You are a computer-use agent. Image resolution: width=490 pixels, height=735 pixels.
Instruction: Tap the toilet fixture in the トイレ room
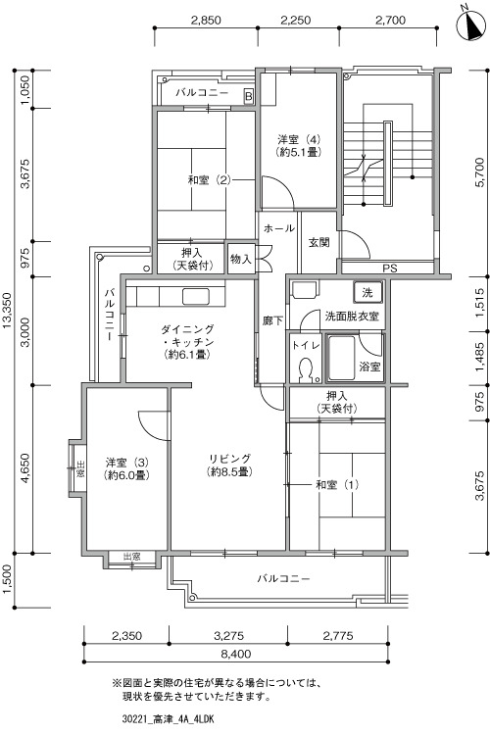click(x=306, y=368)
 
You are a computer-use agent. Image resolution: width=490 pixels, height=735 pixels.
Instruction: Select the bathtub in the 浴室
click(x=341, y=358)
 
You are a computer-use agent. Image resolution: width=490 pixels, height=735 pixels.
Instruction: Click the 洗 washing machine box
click(x=368, y=292)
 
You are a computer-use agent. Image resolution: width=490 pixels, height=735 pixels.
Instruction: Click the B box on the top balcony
click(x=249, y=96)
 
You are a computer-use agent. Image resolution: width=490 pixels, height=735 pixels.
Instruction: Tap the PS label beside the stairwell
click(x=390, y=269)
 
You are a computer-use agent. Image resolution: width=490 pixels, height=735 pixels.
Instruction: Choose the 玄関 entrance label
click(x=318, y=242)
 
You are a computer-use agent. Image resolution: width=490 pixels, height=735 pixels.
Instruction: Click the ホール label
click(x=278, y=228)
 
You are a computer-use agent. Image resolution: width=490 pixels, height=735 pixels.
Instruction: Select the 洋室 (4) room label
click(x=299, y=145)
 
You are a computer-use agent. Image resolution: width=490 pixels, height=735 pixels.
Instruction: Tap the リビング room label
click(x=229, y=465)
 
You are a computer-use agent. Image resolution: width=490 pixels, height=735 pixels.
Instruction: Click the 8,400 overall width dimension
click(x=235, y=654)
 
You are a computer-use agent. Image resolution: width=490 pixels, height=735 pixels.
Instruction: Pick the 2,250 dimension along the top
click(x=295, y=21)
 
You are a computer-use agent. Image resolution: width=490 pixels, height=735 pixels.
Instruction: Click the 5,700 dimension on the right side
click(x=479, y=171)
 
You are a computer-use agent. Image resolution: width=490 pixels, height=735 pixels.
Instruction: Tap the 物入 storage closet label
click(x=241, y=259)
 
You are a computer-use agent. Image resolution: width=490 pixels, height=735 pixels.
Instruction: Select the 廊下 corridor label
click(x=272, y=321)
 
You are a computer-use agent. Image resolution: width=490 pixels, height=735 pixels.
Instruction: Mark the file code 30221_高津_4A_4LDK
click(x=167, y=719)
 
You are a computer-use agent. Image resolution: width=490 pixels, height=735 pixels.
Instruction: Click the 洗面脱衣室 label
click(x=352, y=316)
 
